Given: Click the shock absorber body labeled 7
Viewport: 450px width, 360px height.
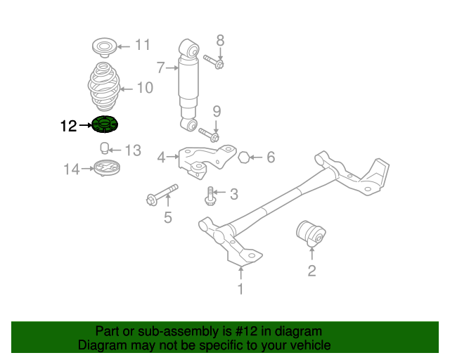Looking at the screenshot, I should [x=190, y=81].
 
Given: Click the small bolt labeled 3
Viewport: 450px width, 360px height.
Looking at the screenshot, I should [x=210, y=195].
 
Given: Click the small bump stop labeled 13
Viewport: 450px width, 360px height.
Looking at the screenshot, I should [x=103, y=148].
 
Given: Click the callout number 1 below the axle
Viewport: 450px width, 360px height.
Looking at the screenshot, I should [x=240, y=288].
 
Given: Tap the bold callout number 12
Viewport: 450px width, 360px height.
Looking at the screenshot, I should [x=68, y=126].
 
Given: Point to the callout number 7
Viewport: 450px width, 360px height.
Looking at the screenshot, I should [x=160, y=67].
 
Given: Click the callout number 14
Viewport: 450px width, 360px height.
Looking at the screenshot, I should [x=72, y=169].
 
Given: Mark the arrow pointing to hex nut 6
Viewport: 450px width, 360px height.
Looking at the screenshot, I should [x=255, y=157].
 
